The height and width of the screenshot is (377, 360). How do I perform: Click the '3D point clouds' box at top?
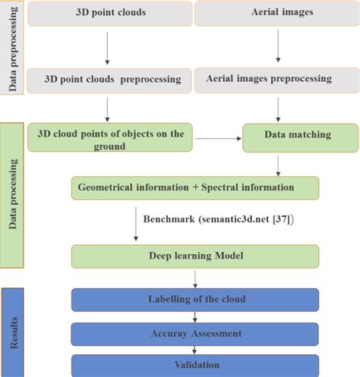[111, 14]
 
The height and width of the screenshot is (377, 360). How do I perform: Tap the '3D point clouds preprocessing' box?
[110, 79]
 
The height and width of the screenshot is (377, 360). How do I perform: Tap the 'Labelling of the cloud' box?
[197, 299]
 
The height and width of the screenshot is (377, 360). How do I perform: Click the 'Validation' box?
[197, 364]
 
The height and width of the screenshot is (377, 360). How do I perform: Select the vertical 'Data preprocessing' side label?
[13, 47]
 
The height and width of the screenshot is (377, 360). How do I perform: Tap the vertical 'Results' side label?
[13, 331]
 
